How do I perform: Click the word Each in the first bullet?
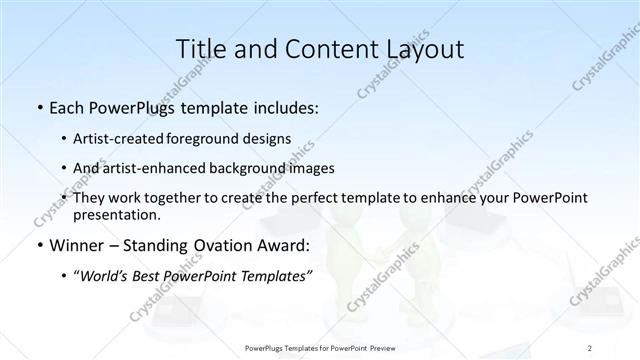click(x=65, y=106)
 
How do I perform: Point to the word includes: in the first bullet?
click(x=284, y=106)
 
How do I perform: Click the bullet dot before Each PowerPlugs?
click(x=38, y=107)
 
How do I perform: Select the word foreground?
click(x=208, y=139)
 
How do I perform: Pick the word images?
click(x=308, y=168)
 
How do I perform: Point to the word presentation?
click(x=116, y=214)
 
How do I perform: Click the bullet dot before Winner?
click(x=38, y=247)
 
